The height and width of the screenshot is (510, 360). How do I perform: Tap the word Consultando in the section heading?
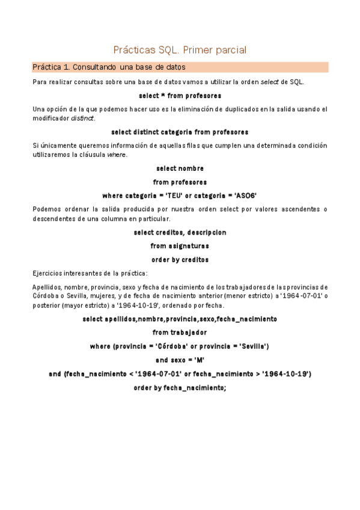(99, 67)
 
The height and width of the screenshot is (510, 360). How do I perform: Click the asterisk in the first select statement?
(159, 96)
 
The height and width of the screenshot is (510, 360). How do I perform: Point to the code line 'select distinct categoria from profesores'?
(180, 131)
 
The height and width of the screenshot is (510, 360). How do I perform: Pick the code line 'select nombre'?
(180, 168)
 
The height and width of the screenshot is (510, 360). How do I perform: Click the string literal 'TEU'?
(173, 195)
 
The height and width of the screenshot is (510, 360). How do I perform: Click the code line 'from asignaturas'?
(180, 245)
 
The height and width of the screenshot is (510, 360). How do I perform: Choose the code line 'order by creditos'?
(180, 259)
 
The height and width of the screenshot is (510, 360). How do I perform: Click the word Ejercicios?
(50, 272)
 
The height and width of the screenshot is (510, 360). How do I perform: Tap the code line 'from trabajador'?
(180, 332)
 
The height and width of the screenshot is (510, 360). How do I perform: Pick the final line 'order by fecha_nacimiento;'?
(180, 388)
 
